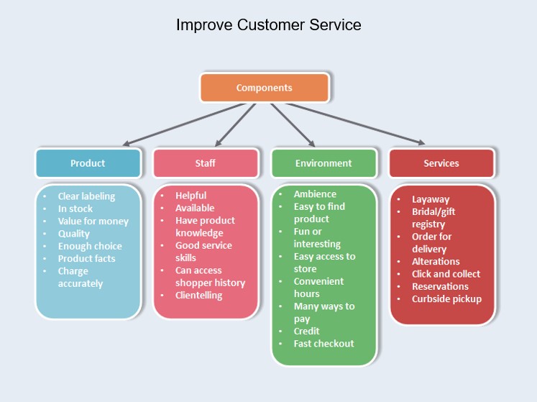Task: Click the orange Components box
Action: [264, 88]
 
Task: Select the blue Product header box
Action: [88, 163]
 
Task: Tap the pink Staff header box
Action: [205, 163]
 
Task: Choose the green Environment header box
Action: [323, 163]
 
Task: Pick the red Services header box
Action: [441, 163]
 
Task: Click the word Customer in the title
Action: [268, 25]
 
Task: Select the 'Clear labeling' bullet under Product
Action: [86, 196]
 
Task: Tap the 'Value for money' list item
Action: [93, 221]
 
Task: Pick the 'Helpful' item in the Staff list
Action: [191, 196]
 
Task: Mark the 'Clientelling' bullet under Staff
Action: [199, 296]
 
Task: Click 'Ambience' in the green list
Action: [315, 194]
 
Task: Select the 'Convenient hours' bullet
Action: [318, 288]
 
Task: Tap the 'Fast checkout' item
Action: [323, 344]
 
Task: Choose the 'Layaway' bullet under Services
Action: [431, 199]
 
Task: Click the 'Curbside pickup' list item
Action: [446, 299]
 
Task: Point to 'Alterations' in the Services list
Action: [436, 262]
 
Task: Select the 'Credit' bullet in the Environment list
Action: [308, 332]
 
